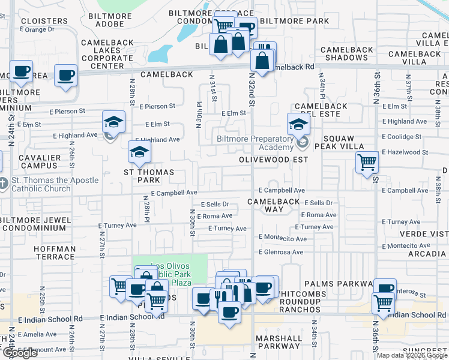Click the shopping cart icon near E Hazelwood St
367,161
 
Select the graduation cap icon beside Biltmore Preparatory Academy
298,124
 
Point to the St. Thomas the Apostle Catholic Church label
50,184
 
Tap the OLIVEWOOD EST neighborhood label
273,160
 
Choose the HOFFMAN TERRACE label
55,253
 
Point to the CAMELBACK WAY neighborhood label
274,205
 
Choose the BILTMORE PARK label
294,21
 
